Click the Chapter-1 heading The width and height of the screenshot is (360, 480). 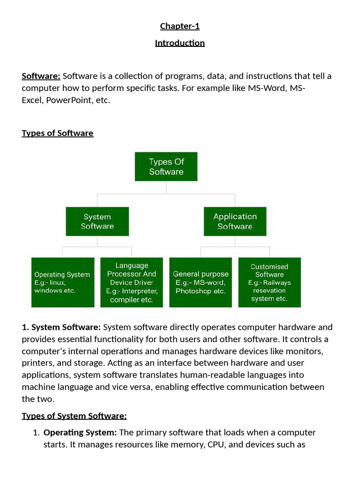[x=180, y=26]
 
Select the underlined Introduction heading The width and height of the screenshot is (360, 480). [x=180, y=43]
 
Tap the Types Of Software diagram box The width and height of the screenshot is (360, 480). [x=166, y=166]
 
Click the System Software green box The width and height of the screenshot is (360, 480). [x=97, y=222]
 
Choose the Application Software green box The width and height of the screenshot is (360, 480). [x=235, y=221]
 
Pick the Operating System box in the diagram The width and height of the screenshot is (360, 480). [x=62, y=282]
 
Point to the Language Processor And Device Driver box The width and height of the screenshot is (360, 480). [x=132, y=282]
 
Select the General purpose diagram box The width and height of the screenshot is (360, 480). [x=201, y=282]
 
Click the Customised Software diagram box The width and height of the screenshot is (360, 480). [x=270, y=282]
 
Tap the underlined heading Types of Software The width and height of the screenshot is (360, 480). [x=58, y=133]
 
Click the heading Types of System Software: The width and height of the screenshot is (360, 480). [x=75, y=416]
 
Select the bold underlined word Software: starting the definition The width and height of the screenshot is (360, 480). [x=41, y=76]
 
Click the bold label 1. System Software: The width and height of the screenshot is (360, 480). [x=61, y=327]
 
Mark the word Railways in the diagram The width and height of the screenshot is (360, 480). [x=277, y=283]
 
